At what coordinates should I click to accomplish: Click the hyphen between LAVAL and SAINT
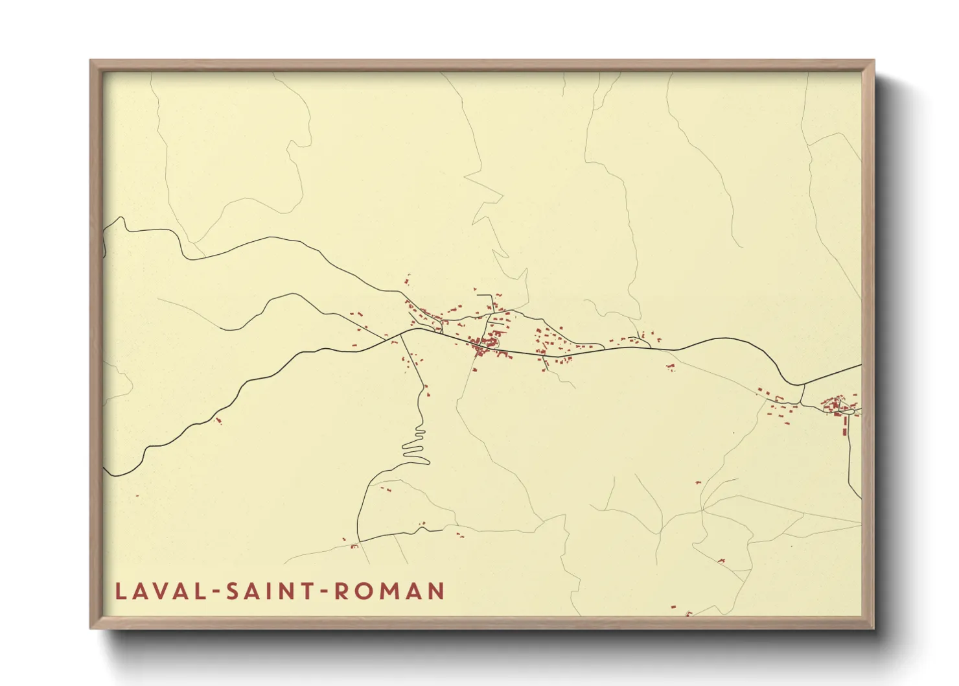(x=216, y=592)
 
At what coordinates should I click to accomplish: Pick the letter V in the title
(x=167, y=591)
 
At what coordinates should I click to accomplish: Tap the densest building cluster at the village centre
(x=488, y=344)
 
